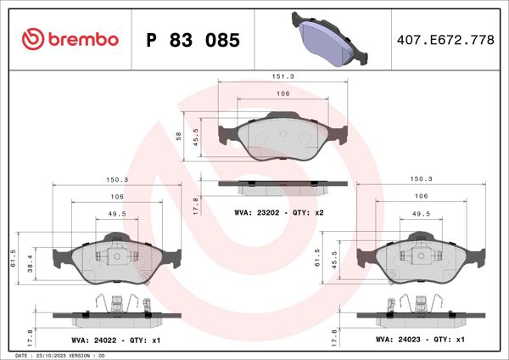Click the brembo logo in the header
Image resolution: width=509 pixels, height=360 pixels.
pyautogui.click(x=70, y=40)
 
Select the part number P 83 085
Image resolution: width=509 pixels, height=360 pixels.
pyautogui.click(x=193, y=40)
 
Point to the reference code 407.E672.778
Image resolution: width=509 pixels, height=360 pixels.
pyautogui.click(x=445, y=40)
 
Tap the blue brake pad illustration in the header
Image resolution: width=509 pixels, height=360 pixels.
pyautogui.click(x=332, y=39)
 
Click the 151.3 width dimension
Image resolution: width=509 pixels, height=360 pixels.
pyautogui.click(x=282, y=76)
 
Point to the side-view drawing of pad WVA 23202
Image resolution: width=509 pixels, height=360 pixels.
pyautogui.click(x=282, y=183)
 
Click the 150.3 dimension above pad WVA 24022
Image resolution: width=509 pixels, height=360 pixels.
pyautogui.click(x=115, y=179)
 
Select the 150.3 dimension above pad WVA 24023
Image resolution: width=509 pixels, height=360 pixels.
pyautogui.click(x=422, y=179)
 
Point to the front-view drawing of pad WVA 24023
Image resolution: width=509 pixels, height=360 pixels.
pyautogui.click(x=422, y=259)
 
